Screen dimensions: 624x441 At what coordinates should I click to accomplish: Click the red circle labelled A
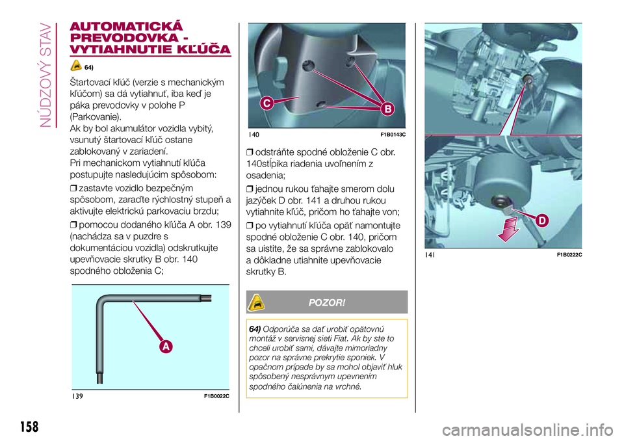point(166,347)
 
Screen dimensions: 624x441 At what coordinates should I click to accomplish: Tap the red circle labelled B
point(387,109)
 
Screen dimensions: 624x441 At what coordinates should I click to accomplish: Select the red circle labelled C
point(267,103)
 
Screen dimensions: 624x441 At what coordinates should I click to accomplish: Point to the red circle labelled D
point(542,220)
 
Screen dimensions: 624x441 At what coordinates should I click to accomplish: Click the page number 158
point(29,427)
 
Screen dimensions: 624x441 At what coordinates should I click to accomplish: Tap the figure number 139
point(77,396)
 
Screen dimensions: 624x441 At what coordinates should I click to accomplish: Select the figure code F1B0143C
point(393,135)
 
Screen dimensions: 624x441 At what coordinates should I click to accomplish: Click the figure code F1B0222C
point(569,255)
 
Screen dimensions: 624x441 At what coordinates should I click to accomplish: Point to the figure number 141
point(430,254)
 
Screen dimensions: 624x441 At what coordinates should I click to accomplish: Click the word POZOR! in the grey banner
point(327,302)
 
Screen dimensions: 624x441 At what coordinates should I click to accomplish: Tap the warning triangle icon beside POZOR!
point(256,302)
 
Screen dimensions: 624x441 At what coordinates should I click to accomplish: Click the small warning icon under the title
point(76,65)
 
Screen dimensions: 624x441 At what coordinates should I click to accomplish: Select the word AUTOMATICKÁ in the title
point(126,26)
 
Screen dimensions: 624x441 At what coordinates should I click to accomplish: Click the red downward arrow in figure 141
point(508,230)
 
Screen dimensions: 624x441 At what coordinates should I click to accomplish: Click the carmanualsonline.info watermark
point(527,430)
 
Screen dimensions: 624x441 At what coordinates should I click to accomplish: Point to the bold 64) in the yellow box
point(255,329)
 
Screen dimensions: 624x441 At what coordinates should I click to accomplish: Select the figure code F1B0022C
point(216,396)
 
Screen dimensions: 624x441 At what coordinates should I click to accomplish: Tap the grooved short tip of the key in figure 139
point(207,298)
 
